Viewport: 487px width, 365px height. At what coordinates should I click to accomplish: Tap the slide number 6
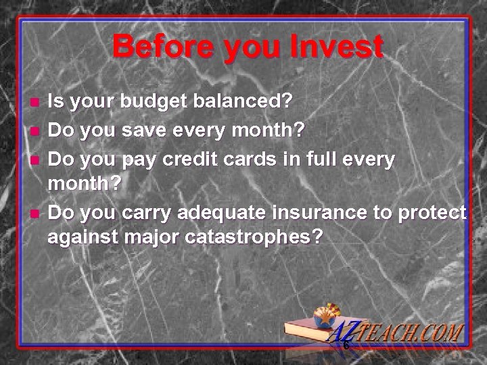tap(346, 346)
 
